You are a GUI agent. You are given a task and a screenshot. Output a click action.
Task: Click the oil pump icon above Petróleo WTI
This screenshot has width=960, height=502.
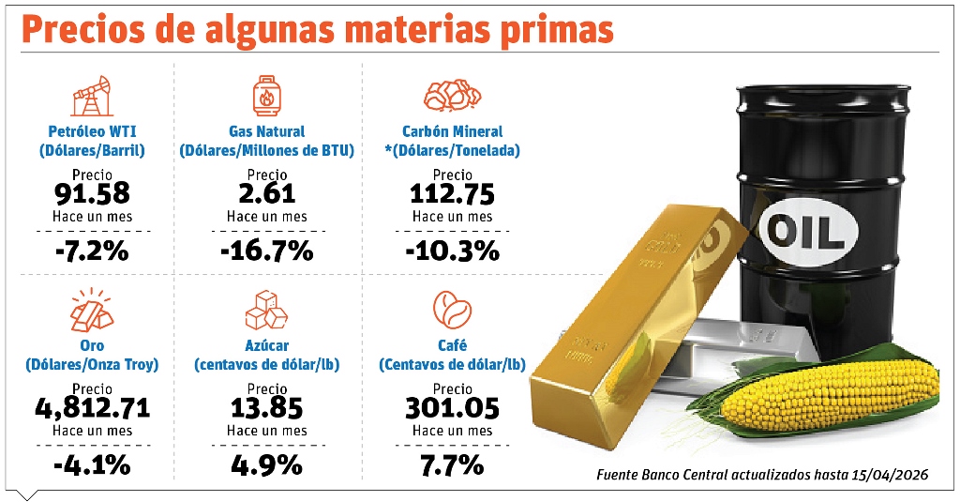[93, 96]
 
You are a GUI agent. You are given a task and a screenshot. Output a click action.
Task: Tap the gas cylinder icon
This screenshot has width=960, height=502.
[267, 96]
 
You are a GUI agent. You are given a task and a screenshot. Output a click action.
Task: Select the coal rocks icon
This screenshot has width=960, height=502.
[453, 95]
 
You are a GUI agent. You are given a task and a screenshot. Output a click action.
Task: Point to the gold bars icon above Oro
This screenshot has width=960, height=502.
[92, 310]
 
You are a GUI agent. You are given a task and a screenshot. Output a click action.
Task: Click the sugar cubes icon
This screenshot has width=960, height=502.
[266, 310]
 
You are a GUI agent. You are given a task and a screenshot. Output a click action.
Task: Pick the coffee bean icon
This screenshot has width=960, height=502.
[453, 310]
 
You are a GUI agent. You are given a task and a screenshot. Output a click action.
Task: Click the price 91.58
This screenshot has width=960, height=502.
[92, 193]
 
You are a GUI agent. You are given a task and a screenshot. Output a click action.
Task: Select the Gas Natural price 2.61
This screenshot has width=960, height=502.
[267, 193]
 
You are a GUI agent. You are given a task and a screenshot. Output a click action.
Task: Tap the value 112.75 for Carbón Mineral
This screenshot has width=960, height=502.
[453, 194]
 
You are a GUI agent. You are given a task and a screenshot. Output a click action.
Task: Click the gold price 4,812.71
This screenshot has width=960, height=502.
[93, 408]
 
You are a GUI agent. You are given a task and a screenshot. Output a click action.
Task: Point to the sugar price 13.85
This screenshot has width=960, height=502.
[267, 408]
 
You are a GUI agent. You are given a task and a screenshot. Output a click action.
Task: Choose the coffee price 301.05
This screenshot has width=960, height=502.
[453, 408]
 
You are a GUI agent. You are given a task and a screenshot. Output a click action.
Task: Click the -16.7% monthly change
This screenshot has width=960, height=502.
[267, 251]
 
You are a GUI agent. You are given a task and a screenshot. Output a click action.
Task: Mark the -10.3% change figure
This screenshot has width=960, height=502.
[453, 251]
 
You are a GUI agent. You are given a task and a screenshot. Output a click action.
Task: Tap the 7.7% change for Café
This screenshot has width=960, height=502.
[453, 465]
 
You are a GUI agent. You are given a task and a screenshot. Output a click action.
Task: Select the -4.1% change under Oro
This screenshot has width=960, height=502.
[92, 465]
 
